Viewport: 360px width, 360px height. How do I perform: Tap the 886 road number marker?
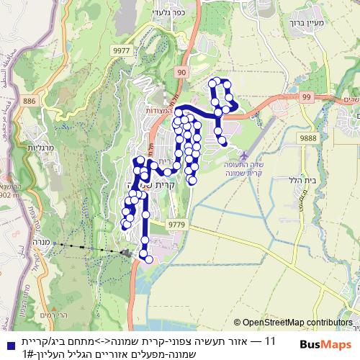click(x=29, y=102)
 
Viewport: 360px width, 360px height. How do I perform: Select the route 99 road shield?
click(x=306, y=96)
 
